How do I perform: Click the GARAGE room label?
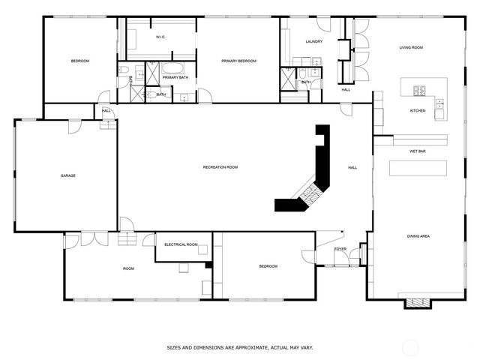68,175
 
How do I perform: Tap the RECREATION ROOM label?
220,167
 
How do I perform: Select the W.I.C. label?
160,37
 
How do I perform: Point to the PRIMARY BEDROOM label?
238,61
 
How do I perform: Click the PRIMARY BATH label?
175,77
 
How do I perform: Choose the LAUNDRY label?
314,41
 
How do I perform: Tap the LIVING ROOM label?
410,47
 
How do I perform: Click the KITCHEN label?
418,110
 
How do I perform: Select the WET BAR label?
418,151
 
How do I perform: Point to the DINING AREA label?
418,236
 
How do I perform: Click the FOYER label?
340,249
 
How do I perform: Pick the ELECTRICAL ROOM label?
181,244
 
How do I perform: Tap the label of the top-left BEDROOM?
80,61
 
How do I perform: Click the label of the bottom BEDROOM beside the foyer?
268,266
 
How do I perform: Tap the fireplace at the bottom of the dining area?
417,302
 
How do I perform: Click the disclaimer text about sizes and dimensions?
239,347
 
